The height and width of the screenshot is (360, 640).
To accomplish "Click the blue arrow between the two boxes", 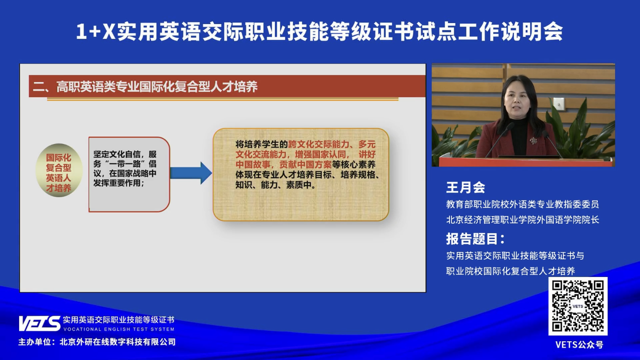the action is tap(191, 173).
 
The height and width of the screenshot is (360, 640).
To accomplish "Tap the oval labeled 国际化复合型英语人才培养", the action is tap(59, 170).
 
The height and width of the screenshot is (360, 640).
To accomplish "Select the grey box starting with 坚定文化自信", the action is tap(129, 174).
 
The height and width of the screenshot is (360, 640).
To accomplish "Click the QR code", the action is tap(578, 306).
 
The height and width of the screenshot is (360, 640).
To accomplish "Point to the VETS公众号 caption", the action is tap(579, 345).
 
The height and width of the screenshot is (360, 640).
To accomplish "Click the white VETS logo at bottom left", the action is tap(40, 324).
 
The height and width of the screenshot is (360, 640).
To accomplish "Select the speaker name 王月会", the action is tap(466, 187).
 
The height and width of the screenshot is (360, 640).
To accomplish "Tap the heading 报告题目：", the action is tap(475, 239).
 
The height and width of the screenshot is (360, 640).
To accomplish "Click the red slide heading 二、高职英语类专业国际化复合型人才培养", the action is tap(145, 87).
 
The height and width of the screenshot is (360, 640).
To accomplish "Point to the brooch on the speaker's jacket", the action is tap(533, 140).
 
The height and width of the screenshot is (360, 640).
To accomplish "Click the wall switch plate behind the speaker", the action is tap(558, 104).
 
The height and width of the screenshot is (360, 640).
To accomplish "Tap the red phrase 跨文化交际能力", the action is tap(319, 144).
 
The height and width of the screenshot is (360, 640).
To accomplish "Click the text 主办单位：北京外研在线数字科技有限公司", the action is tap(97, 342).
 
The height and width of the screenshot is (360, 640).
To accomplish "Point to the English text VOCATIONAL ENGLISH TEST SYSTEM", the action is tap(119, 329).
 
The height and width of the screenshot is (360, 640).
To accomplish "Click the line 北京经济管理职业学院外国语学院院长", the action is tap(522, 220).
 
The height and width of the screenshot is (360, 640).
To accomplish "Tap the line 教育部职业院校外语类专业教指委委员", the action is tap(522, 204).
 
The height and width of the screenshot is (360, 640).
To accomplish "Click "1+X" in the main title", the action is tap(96, 32).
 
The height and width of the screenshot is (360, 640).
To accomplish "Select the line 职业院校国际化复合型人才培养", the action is tap(510, 271).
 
